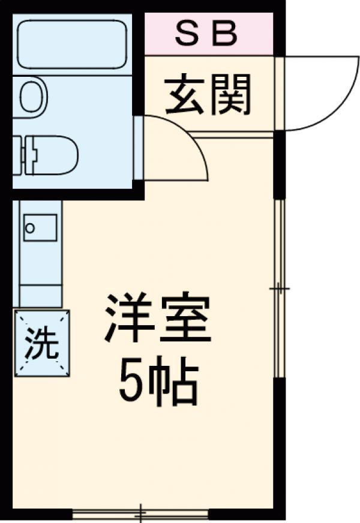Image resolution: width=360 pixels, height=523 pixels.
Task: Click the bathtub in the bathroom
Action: pyautogui.click(x=72, y=45)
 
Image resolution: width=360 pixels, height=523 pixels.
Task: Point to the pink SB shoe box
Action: pyautogui.click(x=209, y=34)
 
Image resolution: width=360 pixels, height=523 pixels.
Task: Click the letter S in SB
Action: pyautogui.click(x=186, y=34)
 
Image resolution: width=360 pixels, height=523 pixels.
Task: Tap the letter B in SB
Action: pyautogui.click(x=226, y=34)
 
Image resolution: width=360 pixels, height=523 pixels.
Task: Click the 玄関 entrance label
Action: pyautogui.click(x=208, y=94)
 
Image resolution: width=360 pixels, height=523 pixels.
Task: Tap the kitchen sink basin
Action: pyautogui.click(x=40, y=227)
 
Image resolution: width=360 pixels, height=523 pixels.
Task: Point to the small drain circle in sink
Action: pyautogui.click(x=30, y=228)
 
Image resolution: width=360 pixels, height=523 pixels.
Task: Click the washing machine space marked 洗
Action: pyautogui.click(x=42, y=344)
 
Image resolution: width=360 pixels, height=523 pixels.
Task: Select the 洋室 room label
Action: pyautogui.click(x=157, y=319)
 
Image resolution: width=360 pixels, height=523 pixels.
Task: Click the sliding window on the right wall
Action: pyautogui.click(x=280, y=288)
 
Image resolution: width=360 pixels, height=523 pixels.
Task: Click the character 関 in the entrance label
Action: pyautogui.click(x=230, y=94)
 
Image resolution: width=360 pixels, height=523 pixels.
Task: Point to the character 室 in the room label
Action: pyautogui.click(x=185, y=319)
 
